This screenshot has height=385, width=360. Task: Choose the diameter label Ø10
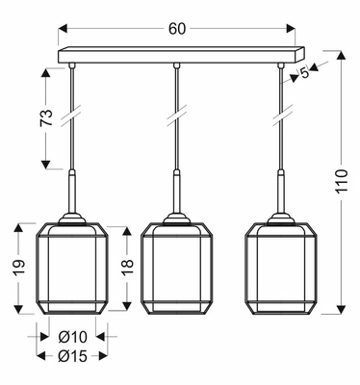(x=72, y=337)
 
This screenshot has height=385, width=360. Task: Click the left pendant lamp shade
(x=72, y=269)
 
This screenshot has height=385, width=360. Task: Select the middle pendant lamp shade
(x=177, y=269)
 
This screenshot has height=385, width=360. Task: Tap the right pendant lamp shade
(x=281, y=269)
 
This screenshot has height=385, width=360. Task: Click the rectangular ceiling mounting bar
(x=177, y=56)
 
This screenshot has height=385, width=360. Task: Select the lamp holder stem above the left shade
(x=72, y=196)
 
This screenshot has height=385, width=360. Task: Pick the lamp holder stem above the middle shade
(x=177, y=196)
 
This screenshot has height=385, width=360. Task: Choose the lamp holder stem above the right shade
(x=281, y=196)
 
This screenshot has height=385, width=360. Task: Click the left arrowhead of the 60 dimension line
(x=62, y=29)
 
